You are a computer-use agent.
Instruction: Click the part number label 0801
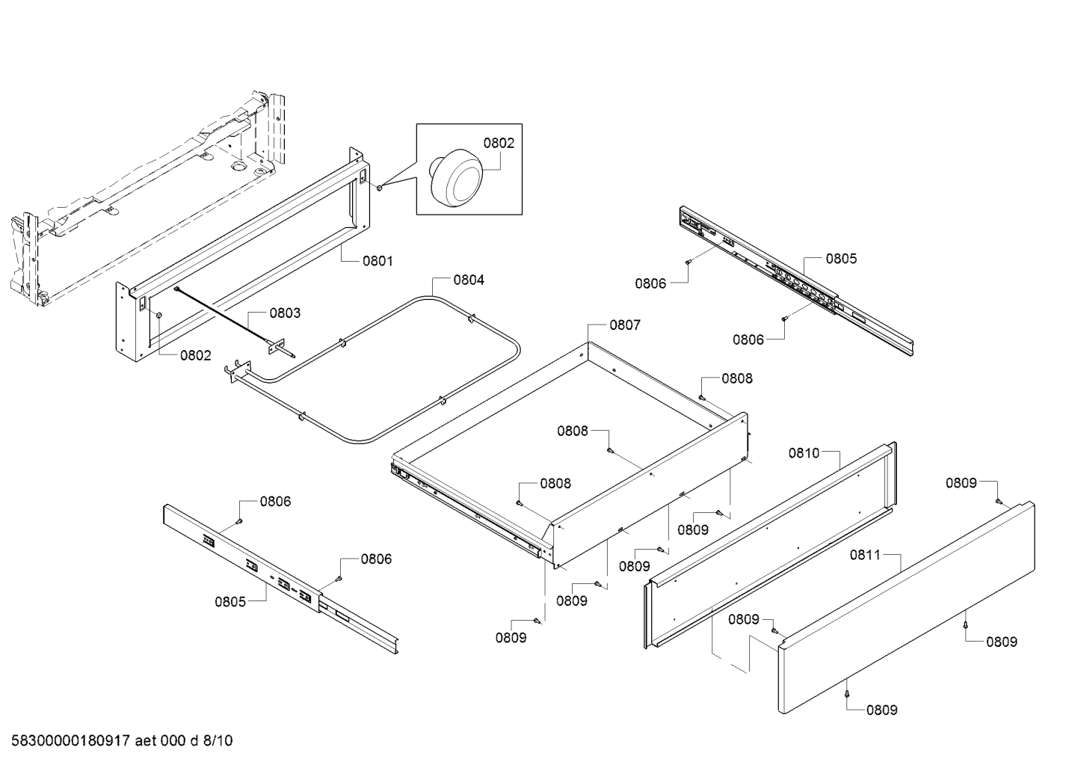[x=378, y=261]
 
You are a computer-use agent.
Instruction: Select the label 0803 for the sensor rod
[x=285, y=313]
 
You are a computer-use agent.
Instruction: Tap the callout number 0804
[x=469, y=280]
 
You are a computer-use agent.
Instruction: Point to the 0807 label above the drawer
[x=625, y=325]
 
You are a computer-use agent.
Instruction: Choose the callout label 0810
[x=804, y=452]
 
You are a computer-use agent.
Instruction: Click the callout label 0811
[x=865, y=555]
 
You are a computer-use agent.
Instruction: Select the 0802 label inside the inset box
[x=499, y=143]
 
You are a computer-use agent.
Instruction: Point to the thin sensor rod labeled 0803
[x=224, y=314]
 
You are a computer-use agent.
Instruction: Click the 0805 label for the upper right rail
[x=841, y=259]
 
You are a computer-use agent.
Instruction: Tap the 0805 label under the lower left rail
[x=230, y=601]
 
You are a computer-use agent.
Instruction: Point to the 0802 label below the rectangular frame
[x=195, y=356]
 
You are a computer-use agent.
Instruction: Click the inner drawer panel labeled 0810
[x=770, y=546]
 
